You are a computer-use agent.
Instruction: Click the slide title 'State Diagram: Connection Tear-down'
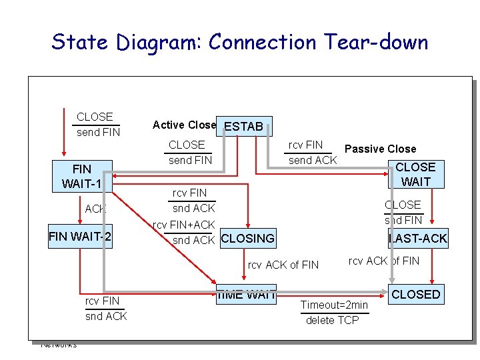pos(240,42)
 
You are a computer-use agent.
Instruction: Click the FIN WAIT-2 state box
pos(80,237)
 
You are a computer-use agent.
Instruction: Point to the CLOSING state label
pos(247,238)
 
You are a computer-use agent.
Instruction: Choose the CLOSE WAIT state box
pos(415,174)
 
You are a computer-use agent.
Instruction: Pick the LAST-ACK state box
pos(418,238)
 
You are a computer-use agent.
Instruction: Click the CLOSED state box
pos(416,294)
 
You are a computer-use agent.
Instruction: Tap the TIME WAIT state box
pos(247,293)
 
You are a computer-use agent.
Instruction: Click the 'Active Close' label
pos(184,125)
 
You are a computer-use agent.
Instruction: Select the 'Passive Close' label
pos(380,149)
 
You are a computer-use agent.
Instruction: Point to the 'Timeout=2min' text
pos(334,305)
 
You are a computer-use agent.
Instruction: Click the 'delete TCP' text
pos(332,321)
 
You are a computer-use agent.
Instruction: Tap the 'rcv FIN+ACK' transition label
pos(184,225)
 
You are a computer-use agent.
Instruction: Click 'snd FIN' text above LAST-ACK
pos(403,220)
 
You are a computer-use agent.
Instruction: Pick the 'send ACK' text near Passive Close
pos(312,160)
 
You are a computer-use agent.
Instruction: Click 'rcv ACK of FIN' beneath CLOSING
pos(283,265)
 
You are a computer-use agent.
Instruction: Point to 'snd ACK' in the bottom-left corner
pos(106,316)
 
